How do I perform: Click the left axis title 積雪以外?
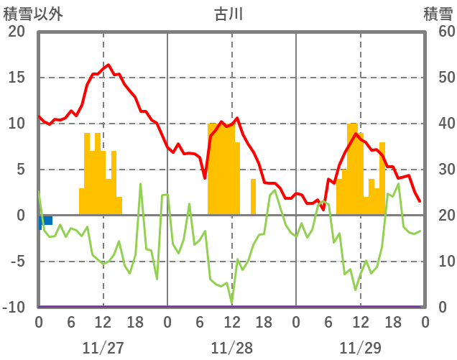(x=33, y=14)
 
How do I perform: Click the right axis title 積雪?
(x=438, y=14)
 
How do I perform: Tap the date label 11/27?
(x=103, y=348)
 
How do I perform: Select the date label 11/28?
(x=231, y=348)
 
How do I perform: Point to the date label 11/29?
(x=360, y=348)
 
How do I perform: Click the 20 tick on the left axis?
(x=17, y=32)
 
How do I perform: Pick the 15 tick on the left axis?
(x=17, y=78)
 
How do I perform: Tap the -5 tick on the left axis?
(x=17, y=262)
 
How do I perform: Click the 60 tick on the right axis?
(x=438, y=32)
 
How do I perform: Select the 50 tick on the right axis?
(x=438, y=78)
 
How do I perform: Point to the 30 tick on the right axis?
(x=438, y=170)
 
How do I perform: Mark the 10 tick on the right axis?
(x=438, y=262)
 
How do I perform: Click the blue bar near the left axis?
(x=45, y=221)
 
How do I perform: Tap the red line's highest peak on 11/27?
(x=109, y=65)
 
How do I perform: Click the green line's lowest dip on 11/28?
(x=231, y=303)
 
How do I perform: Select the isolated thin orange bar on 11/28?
(x=253, y=197)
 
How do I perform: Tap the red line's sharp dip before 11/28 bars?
(x=205, y=177)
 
